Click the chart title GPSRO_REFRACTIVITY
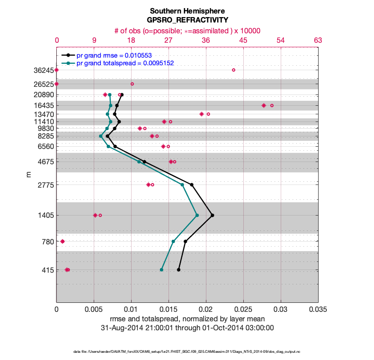[x=187, y=20]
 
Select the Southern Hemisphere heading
[x=187, y=11]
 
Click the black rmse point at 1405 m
[x=212, y=215]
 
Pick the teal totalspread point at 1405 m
[x=197, y=215]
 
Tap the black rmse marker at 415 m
[x=178, y=270]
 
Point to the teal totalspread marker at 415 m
[x=161, y=270]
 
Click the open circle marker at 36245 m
[x=233, y=70]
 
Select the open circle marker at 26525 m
[x=132, y=84]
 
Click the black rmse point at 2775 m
[x=192, y=184]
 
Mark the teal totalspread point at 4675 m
[x=139, y=162]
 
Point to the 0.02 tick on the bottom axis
[x=206, y=310]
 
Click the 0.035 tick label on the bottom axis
[x=318, y=310]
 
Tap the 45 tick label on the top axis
[x=243, y=40]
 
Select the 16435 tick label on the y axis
[x=42, y=105]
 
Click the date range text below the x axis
[x=187, y=328]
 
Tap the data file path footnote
[x=187, y=351]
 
